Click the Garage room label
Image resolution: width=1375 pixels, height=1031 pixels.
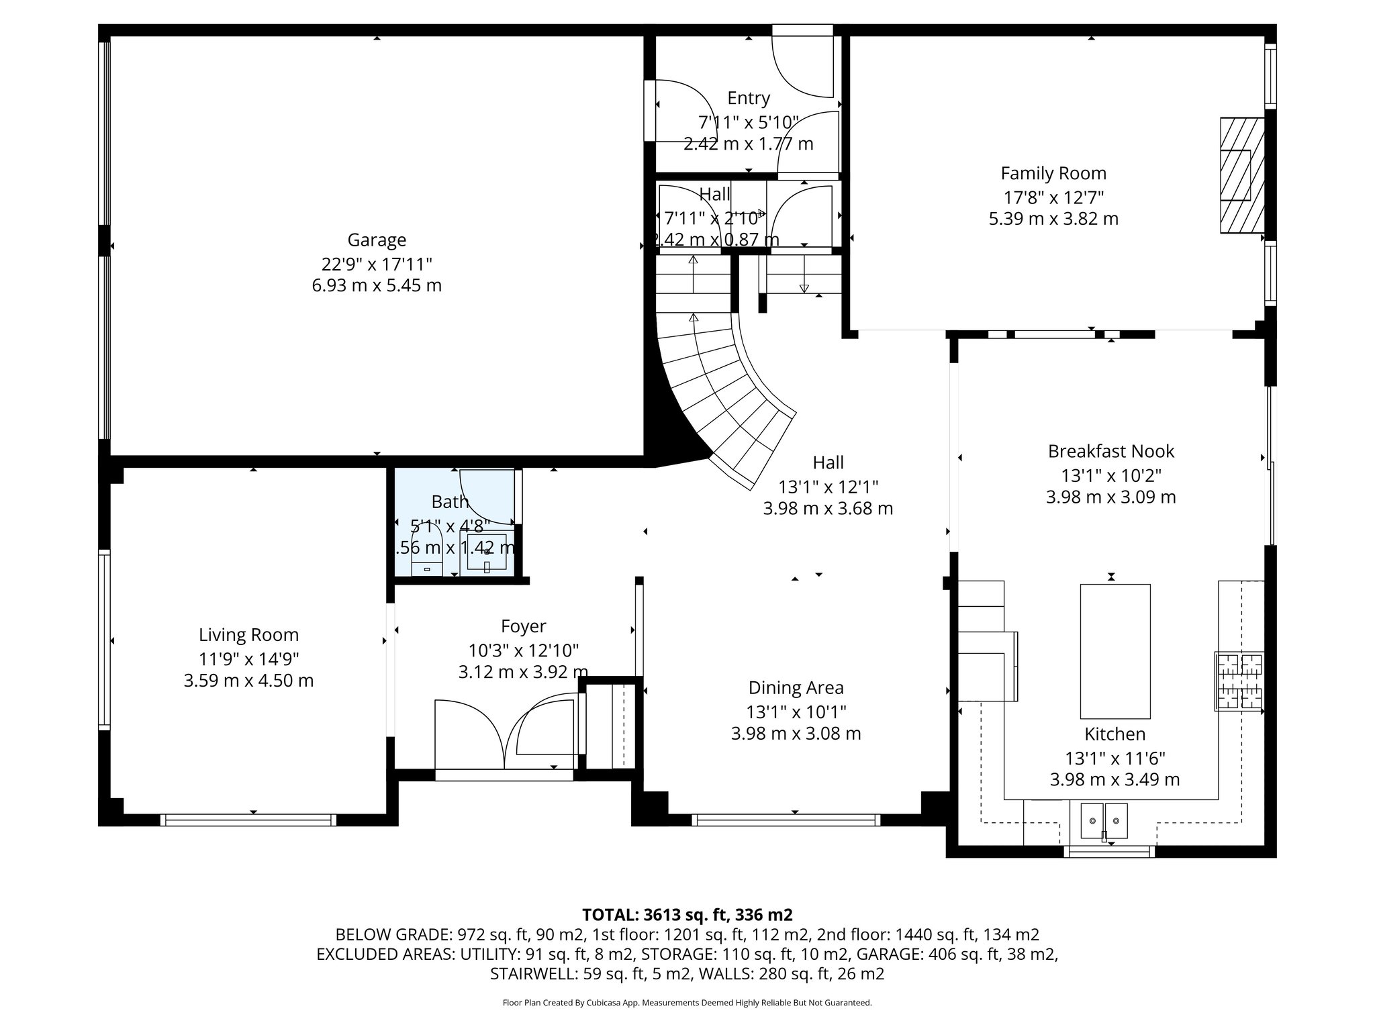click(x=377, y=240)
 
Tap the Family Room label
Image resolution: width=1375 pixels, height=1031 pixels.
click(x=1053, y=173)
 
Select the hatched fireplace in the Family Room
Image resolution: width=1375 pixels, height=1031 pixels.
click(x=1241, y=176)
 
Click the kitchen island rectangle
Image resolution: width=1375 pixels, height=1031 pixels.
click(x=1115, y=650)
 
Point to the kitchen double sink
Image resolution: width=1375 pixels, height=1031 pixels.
click(x=1104, y=820)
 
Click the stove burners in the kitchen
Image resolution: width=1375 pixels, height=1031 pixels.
click(x=1239, y=681)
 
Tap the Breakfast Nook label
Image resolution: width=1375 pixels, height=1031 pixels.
click(x=1110, y=451)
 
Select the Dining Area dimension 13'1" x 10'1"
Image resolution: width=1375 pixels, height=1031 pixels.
click(x=796, y=711)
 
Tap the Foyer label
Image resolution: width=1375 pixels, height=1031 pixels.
click(x=523, y=626)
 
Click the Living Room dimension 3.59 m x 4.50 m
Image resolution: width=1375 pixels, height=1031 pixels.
click(x=248, y=681)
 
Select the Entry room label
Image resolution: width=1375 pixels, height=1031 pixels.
click(x=749, y=98)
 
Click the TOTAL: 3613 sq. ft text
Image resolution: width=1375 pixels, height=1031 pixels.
click(x=687, y=914)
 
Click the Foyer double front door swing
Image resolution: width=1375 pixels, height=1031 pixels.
click(x=505, y=736)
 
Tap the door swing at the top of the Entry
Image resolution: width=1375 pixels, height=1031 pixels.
click(x=803, y=64)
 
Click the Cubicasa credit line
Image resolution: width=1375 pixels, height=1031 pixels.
click(x=687, y=1003)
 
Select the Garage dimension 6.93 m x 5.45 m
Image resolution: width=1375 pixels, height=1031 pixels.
click(x=377, y=285)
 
